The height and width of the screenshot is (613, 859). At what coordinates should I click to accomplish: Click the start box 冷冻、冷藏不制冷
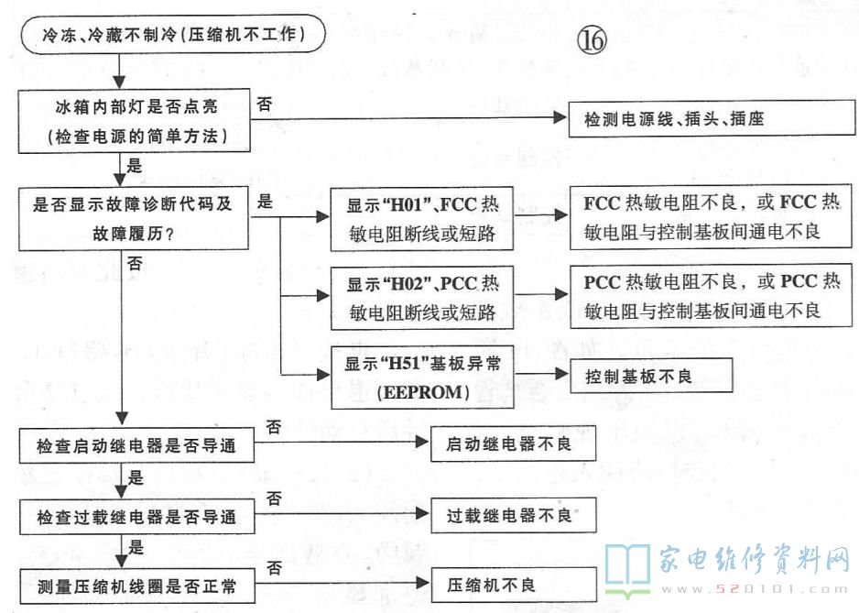coord(174,37)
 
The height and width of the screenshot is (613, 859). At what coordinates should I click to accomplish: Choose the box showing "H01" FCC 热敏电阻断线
coord(420,219)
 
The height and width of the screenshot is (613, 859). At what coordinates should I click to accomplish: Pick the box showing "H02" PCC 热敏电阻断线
coord(420,299)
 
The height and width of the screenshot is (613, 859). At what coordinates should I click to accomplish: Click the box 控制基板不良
coord(651,376)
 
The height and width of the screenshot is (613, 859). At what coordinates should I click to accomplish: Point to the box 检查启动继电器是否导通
coord(136,446)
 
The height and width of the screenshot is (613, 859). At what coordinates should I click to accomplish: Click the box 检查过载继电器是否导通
coord(136,517)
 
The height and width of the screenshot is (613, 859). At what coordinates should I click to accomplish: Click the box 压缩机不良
coord(495,585)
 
